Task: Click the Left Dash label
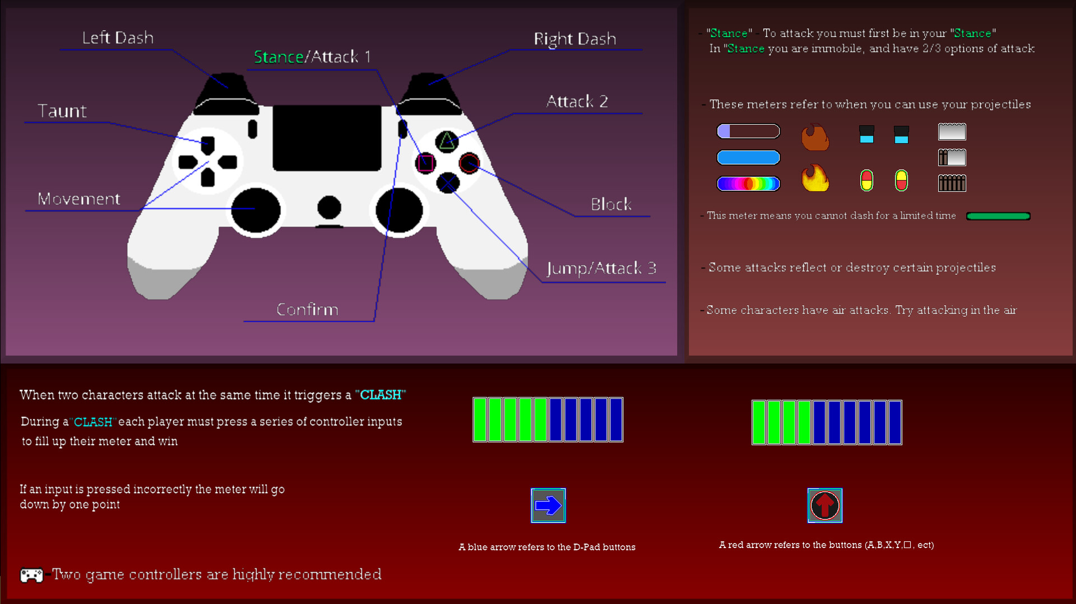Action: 118,38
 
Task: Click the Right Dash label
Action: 574,39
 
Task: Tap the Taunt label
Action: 62,111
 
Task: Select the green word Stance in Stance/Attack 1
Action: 279,57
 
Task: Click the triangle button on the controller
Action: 447,141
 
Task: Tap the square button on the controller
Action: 425,163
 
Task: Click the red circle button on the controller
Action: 469,163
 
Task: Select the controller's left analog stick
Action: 256,210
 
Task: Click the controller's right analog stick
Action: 399,210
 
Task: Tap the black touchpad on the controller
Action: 327,138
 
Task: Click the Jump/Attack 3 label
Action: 601,268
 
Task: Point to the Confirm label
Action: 307,310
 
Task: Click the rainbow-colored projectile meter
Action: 748,184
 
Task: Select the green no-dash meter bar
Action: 998,216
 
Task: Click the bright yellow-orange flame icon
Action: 815,179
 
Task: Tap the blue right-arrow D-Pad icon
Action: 548,505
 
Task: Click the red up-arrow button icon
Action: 824,505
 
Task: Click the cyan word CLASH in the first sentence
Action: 381,395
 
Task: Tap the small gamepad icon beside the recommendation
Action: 31,575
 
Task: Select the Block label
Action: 611,204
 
